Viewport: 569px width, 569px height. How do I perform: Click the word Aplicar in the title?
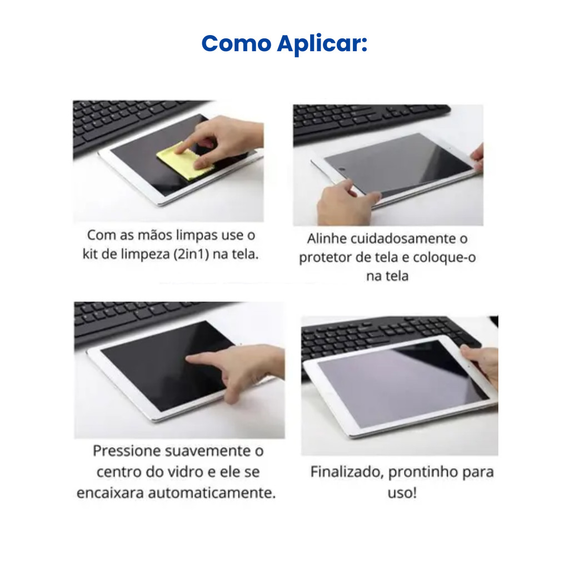point(322,44)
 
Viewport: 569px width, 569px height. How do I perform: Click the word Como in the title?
point(237,43)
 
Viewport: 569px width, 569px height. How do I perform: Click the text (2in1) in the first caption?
point(191,254)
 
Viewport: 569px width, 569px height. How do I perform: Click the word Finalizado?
point(347,472)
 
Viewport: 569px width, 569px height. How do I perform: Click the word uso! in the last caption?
point(402,493)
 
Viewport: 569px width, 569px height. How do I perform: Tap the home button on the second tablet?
point(342,169)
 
